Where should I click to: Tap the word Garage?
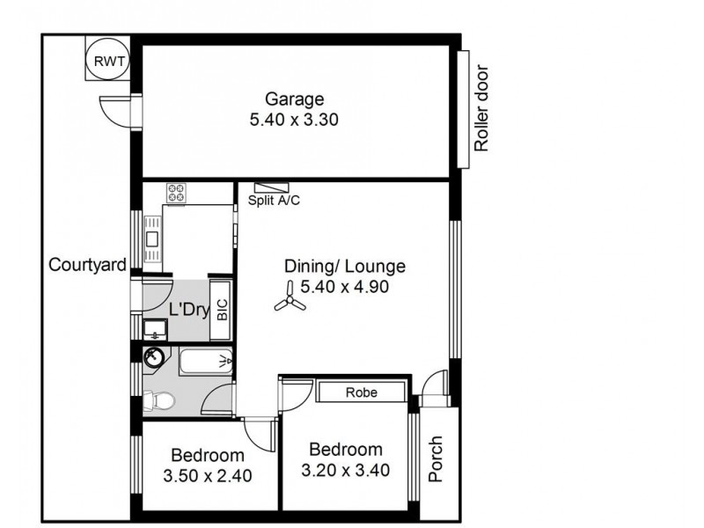295,99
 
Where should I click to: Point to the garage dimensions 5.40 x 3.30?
295,119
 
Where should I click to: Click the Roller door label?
481,108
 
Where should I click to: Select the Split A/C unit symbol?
272,187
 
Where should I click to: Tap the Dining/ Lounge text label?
344,266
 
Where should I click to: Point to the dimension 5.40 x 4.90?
344,286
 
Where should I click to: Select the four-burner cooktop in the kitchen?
176,193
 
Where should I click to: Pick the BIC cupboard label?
222,311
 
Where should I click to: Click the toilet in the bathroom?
158,401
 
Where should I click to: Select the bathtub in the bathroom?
206,361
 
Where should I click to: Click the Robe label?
361,392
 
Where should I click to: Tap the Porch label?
436,459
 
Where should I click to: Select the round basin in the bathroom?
155,357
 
